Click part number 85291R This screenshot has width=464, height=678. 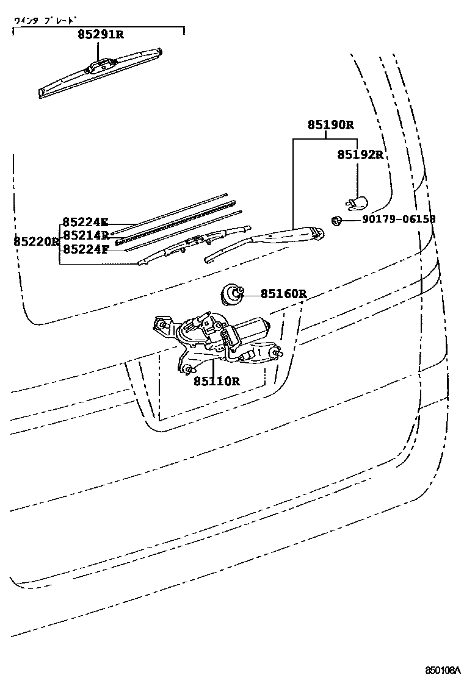tap(101, 35)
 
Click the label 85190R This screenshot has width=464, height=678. tap(330, 125)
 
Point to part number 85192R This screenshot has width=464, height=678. tap(360, 155)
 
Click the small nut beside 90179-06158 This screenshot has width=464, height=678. tap(335, 220)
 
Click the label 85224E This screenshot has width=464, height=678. tap(85, 223)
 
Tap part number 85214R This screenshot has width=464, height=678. tap(85, 235)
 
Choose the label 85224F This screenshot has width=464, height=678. tap(85, 248)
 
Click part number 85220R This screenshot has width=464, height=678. tap(36, 241)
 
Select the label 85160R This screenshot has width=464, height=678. tap(283, 294)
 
